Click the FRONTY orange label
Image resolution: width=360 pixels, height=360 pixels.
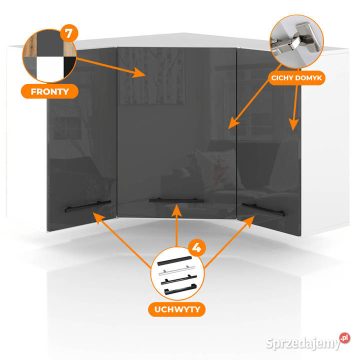[50, 92]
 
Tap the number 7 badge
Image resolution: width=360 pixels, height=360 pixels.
[68, 33]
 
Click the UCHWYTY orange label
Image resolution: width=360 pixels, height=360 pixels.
[176, 310]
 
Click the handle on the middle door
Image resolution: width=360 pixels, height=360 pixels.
[176, 199]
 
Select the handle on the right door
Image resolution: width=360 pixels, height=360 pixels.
[262, 209]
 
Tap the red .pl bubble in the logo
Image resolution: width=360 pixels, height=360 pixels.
[343, 338]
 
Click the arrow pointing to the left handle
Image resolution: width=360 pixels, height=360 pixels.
[125, 235]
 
